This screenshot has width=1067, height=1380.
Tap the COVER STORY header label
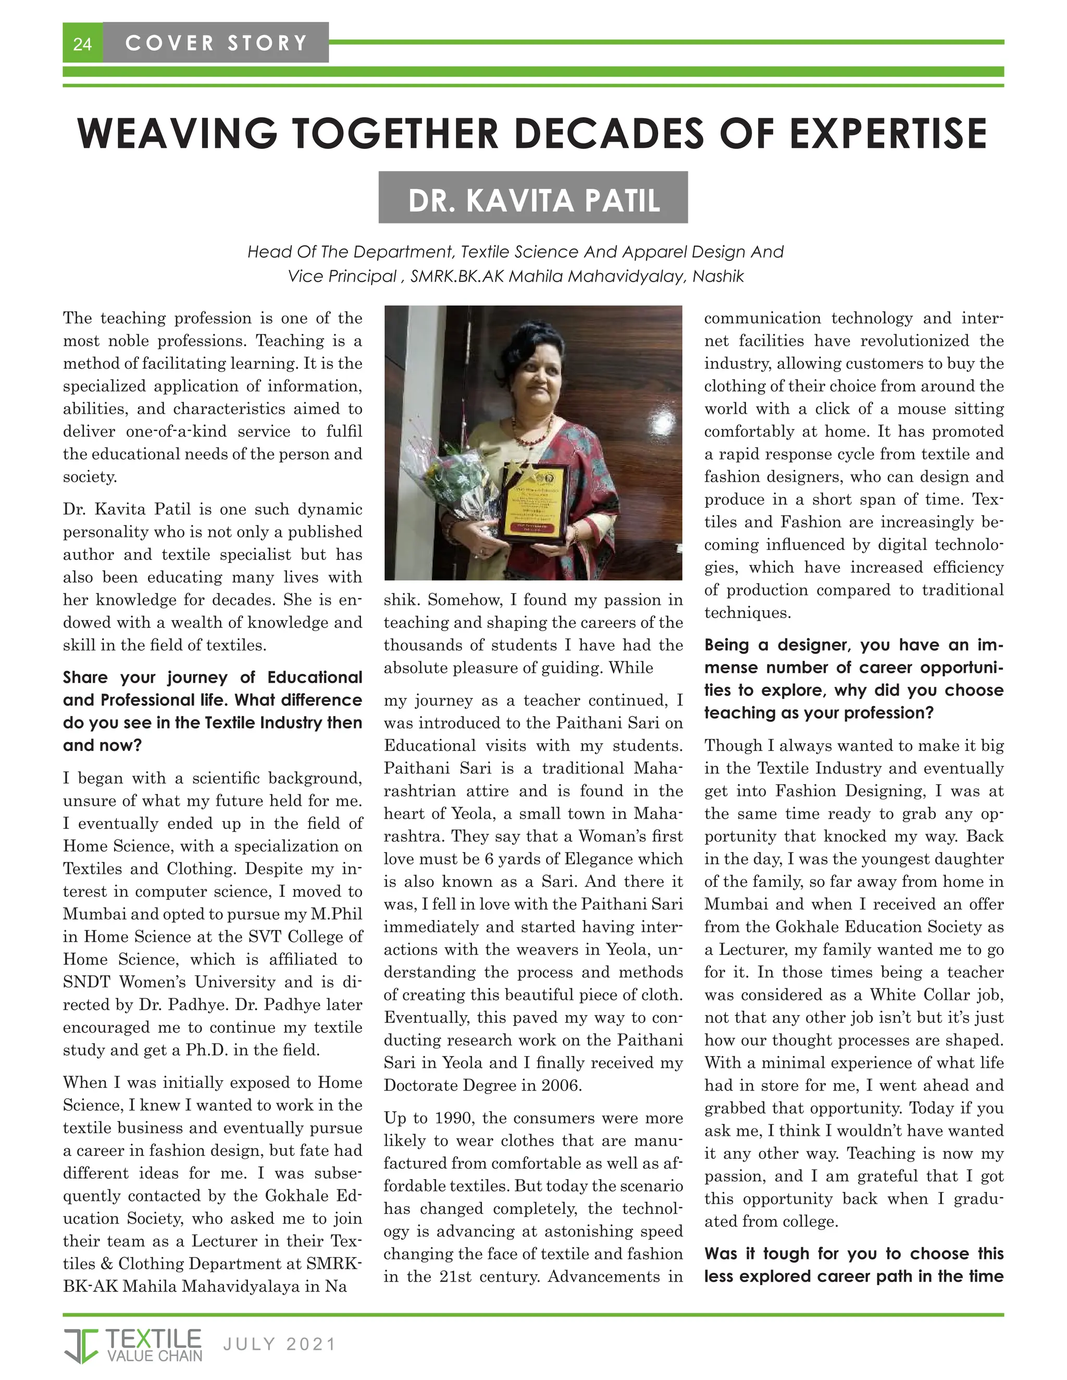(x=216, y=43)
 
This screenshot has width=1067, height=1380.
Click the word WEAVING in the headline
(x=177, y=133)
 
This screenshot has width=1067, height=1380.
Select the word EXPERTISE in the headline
(x=888, y=133)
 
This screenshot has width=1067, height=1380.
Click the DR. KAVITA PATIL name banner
(x=533, y=199)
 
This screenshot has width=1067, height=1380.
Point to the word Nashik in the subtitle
(x=718, y=277)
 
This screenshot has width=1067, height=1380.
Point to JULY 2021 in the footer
(x=279, y=1344)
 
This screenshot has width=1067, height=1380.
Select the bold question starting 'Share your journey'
(x=213, y=711)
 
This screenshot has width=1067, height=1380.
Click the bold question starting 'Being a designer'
(x=853, y=679)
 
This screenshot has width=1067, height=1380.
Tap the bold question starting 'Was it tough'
(x=853, y=1265)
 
